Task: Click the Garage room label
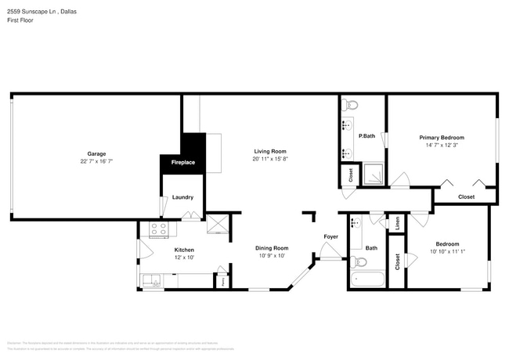click(96, 153)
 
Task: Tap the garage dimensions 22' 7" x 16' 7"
click(96, 161)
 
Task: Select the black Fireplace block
click(183, 157)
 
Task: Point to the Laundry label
click(182, 197)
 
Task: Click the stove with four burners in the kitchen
click(159, 229)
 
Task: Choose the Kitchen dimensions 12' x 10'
click(184, 257)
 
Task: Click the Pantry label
click(222, 280)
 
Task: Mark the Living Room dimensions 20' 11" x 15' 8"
click(269, 159)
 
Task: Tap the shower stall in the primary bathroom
click(374, 175)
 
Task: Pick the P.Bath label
click(366, 136)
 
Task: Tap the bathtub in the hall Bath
click(366, 279)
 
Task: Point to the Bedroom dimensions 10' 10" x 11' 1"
click(447, 251)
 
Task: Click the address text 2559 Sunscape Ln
click(31, 13)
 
